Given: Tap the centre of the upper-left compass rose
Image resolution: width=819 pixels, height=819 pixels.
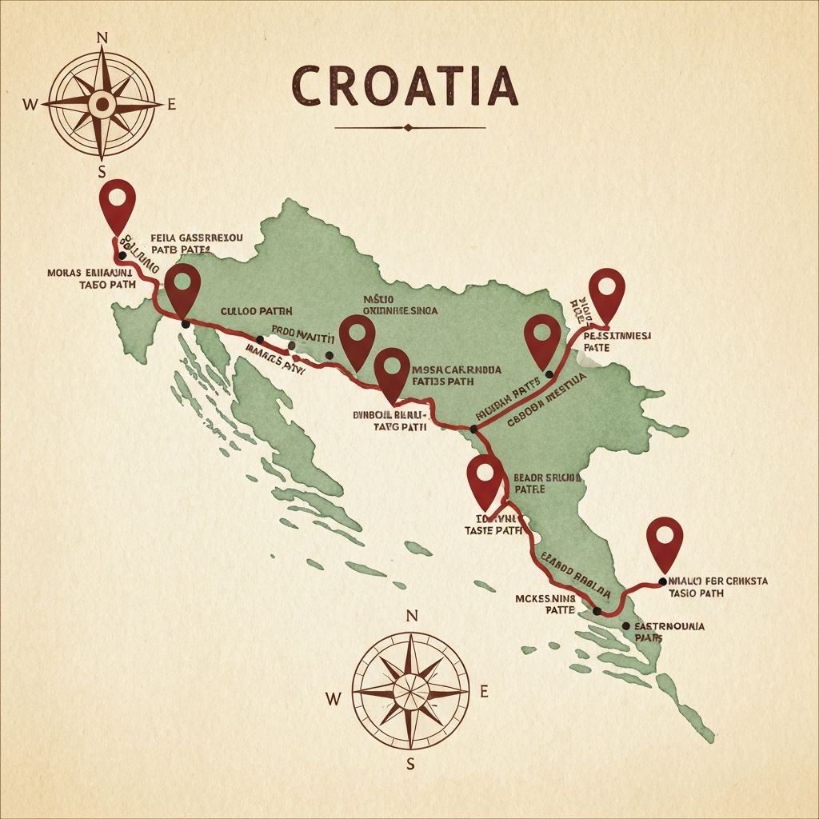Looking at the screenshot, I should (102, 103).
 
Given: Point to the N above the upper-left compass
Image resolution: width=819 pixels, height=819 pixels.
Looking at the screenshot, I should (102, 38).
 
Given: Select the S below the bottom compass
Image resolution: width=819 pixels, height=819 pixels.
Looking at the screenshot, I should (411, 762).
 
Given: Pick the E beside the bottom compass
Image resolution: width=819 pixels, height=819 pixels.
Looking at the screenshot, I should (484, 693).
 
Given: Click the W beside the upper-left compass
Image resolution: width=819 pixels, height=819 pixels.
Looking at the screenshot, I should (30, 103).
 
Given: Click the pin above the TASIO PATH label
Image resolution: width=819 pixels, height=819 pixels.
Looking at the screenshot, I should (664, 539).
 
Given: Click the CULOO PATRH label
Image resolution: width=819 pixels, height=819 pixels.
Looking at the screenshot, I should (256, 311).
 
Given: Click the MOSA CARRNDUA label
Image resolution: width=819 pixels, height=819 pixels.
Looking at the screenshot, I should (455, 370).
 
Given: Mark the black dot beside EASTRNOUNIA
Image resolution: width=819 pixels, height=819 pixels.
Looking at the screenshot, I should (626, 625).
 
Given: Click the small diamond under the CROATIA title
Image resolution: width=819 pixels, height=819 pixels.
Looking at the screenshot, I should (409, 127).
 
